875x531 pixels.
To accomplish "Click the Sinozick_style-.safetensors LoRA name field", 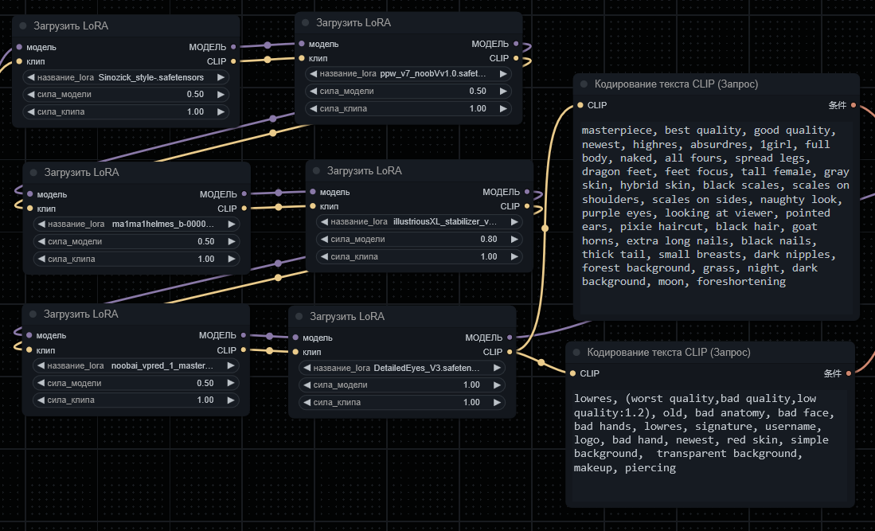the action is click(x=126, y=77).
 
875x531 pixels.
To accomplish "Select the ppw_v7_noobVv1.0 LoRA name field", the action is click(x=408, y=73).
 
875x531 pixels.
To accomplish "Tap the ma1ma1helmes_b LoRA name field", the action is click(x=136, y=225).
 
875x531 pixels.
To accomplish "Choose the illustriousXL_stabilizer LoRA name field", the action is click(x=419, y=222).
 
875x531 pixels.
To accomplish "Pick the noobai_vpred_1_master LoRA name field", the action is click(x=135, y=366).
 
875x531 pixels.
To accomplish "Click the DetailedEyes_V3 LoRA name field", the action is click(x=402, y=368).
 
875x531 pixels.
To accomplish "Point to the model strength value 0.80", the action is click(x=488, y=240).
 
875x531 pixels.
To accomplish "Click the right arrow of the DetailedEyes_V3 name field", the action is click(x=497, y=368).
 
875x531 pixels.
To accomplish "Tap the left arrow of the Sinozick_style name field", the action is click(x=31, y=77).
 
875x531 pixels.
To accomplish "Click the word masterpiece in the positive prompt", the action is click(x=616, y=131).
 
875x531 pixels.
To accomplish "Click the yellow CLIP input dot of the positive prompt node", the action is click(x=580, y=105).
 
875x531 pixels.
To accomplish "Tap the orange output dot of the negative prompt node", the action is click(x=849, y=373).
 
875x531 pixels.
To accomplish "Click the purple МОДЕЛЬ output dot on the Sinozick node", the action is click(x=233, y=47).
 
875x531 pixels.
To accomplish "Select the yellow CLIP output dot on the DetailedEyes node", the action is click(x=510, y=352).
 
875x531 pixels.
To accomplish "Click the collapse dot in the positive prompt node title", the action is click(x=584, y=84).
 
